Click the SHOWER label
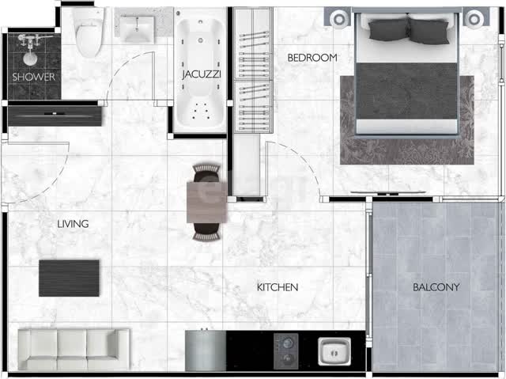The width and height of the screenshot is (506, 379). click(x=33, y=77)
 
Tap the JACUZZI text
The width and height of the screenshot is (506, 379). click(x=202, y=74)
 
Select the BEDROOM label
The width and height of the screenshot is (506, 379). click(x=312, y=58)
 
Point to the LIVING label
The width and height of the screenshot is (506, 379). click(x=73, y=224)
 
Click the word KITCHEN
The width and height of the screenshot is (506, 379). click(x=278, y=287)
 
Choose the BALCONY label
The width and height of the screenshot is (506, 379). click(x=436, y=287)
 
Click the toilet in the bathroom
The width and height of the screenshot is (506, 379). click(x=89, y=32)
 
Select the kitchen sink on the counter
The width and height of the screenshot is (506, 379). click(x=334, y=351)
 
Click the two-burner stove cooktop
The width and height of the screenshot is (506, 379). click(x=286, y=351)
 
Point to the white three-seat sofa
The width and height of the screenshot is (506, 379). click(x=74, y=349)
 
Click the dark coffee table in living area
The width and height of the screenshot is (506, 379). click(x=69, y=278)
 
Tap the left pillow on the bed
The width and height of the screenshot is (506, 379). click(x=389, y=29)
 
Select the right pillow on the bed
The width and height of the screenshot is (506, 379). click(x=429, y=31)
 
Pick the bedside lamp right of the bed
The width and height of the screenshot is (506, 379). click(x=474, y=19)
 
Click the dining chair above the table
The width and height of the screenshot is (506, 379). click(x=206, y=173)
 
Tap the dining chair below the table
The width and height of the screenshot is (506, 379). click(x=206, y=232)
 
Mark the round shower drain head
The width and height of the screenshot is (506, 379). click(x=30, y=59)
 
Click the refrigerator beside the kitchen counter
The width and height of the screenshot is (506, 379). click(x=206, y=351)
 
